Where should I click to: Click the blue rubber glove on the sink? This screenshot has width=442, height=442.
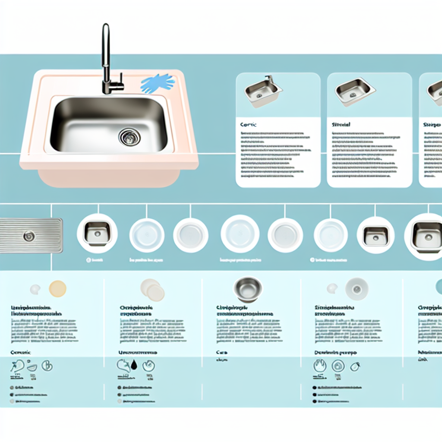coord(157,83)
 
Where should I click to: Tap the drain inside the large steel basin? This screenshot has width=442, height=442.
coord(129,137)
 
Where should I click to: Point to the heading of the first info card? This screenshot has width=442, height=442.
coord(248,124)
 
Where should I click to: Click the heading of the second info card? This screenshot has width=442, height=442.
coord(341,124)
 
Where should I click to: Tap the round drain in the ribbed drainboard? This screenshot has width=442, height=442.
coord(29,236)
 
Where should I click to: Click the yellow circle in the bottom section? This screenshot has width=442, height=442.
coord(58,289)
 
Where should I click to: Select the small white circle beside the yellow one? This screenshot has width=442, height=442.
coord(35,289)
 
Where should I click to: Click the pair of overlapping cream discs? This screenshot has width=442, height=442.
coord(153,290)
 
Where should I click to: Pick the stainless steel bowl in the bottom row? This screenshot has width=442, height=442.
coord(248,288)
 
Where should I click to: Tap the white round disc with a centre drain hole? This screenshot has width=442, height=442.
coord(357,289)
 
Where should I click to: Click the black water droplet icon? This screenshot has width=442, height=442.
coord(134,365)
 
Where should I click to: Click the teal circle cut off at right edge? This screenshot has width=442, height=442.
coord(439,287)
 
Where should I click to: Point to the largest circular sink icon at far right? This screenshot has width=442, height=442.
coord(426,236)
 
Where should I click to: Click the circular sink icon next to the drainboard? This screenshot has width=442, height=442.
coord(97,233)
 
